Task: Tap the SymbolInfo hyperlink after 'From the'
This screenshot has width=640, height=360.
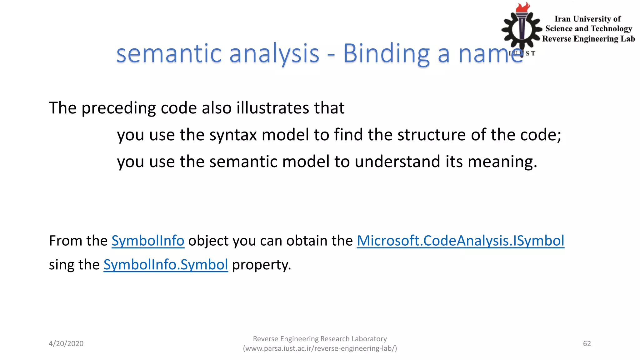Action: click(x=148, y=241)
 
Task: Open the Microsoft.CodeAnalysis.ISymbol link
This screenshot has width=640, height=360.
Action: click(x=460, y=241)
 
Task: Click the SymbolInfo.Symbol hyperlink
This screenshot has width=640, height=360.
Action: click(x=166, y=265)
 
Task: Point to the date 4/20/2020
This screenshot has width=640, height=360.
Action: click(x=66, y=343)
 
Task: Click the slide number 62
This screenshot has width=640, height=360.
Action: click(x=587, y=343)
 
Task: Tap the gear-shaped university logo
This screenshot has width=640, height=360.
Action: click(x=521, y=30)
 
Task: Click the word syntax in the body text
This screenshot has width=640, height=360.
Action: click(x=233, y=135)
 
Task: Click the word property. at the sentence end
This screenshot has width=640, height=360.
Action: click(x=261, y=265)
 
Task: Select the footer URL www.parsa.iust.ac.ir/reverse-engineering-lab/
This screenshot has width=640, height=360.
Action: click(x=320, y=348)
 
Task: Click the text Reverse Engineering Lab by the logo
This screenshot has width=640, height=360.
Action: click(x=588, y=39)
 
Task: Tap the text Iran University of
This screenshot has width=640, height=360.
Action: click(x=587, y=19)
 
